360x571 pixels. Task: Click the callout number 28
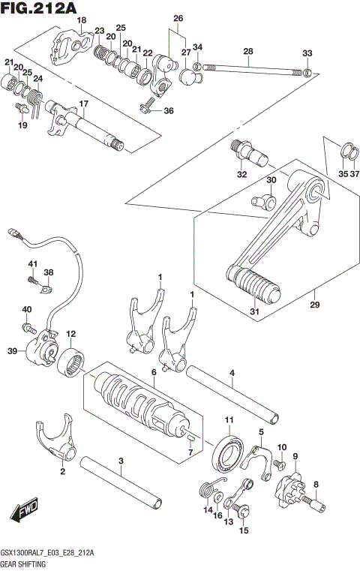coord(247,51)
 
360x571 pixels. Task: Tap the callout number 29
coord(315,305)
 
